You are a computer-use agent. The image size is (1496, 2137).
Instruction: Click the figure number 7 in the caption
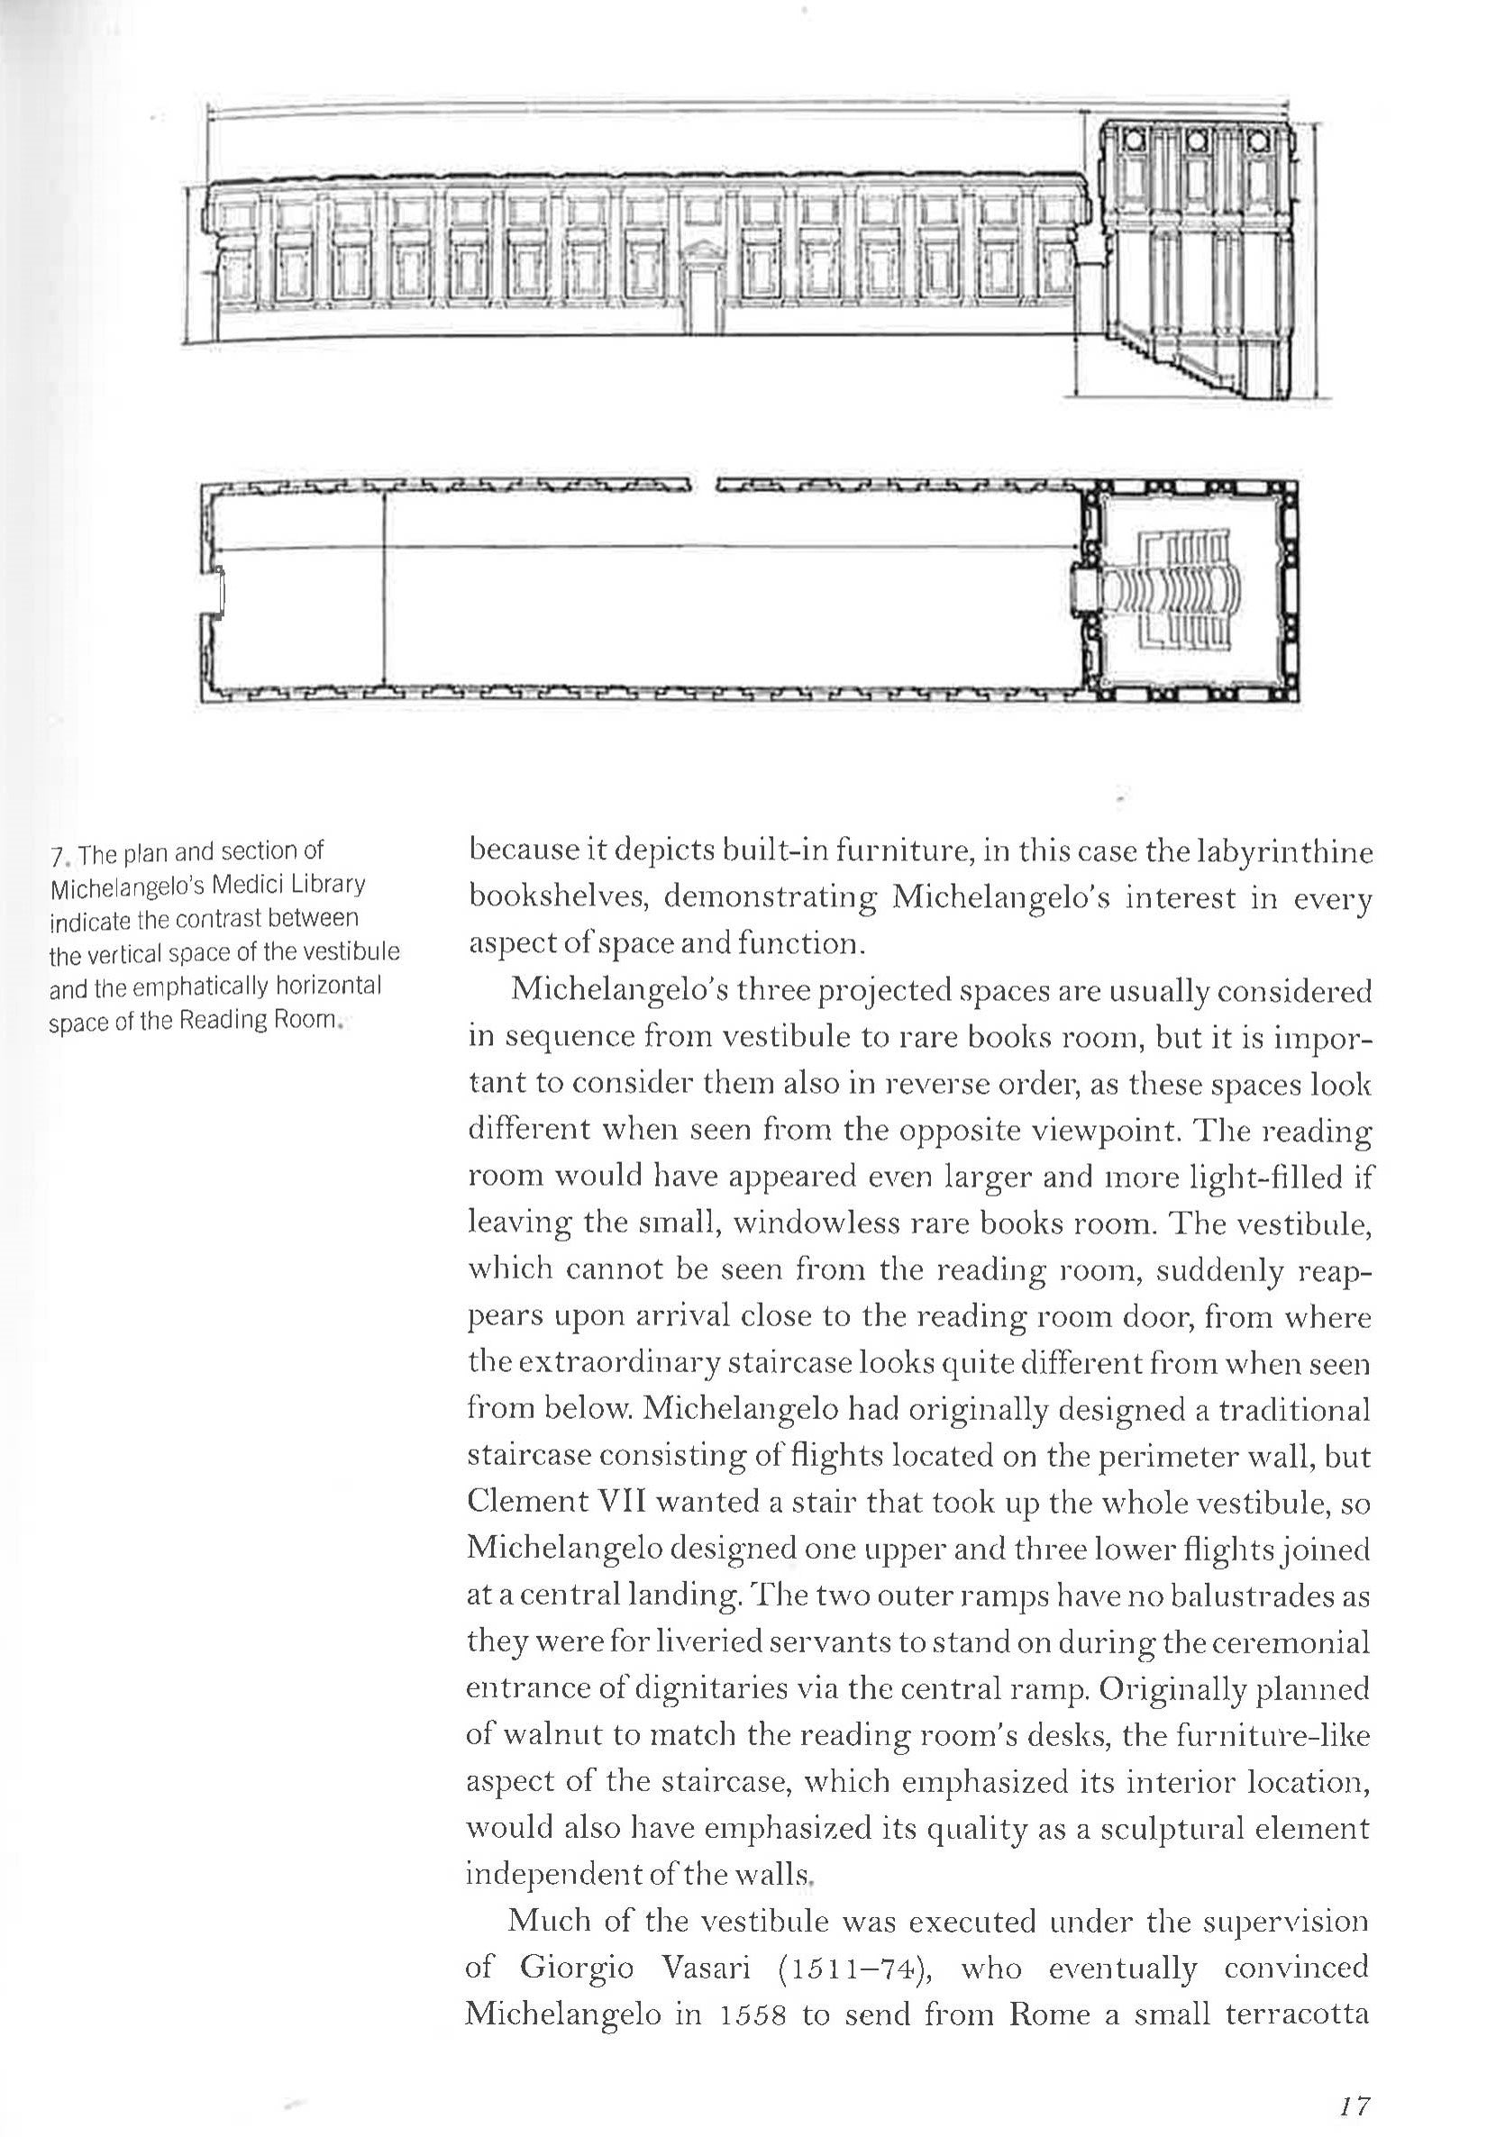click(56, 854)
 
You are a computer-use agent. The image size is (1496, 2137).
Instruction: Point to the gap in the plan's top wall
click(703, 484)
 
